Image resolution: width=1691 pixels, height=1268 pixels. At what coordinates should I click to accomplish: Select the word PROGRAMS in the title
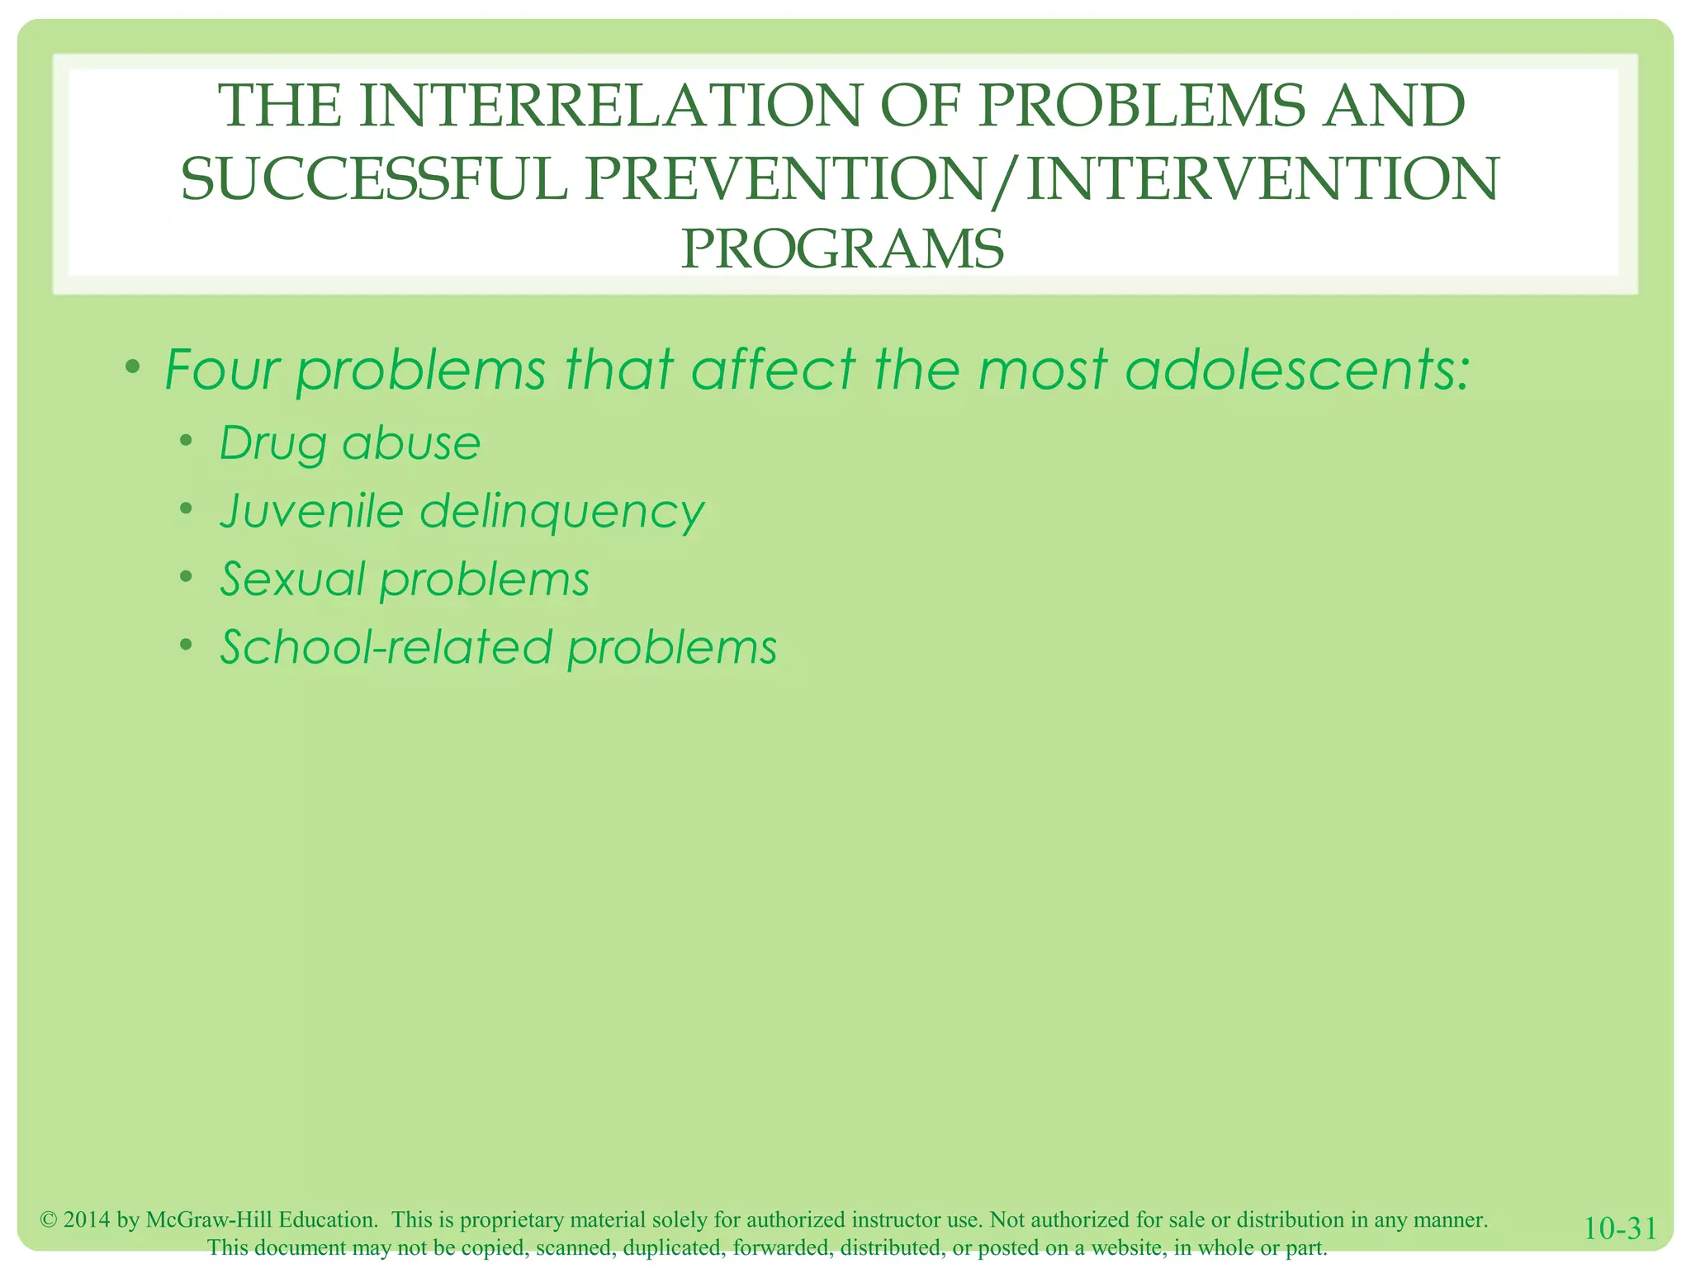(842, 249)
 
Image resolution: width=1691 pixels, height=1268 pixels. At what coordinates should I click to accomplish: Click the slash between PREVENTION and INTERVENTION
(1001, 181)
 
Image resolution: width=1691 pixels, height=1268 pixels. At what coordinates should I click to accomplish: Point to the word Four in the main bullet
(222, 369)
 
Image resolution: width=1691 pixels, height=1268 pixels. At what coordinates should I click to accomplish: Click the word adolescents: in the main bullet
(1297, 369)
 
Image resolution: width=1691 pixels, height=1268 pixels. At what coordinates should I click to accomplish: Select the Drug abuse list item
(349, 443)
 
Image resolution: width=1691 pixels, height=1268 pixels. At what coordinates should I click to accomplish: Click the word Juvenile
(311, 511)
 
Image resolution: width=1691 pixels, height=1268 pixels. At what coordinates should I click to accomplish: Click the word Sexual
(292, 579)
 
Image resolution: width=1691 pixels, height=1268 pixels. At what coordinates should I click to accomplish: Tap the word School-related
(386, 646)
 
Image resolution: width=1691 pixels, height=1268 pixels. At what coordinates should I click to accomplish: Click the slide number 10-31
(1620, 1229)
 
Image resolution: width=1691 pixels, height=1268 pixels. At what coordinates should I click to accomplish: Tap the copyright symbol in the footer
(48, 1220)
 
